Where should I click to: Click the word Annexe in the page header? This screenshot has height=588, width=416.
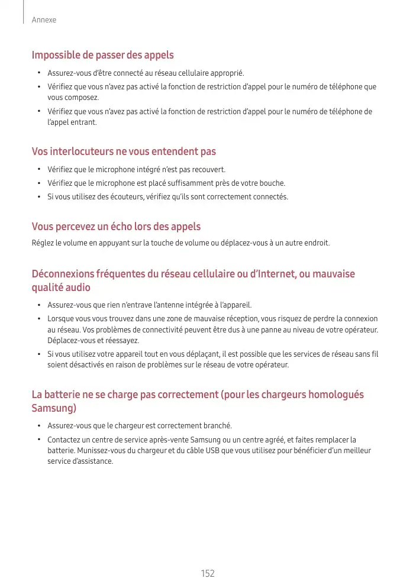[x=44, y=20]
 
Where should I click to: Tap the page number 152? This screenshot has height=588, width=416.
[x=208, y=573]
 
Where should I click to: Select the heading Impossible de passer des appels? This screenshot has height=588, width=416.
[x=102, y=55]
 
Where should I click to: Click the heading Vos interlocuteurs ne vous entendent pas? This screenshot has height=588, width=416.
[x=124, y=152]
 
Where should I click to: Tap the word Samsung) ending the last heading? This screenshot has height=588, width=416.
[x=54, y=408]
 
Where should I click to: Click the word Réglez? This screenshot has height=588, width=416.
[x=42, y=243]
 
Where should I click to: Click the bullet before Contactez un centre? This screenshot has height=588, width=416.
[x=38, y=440]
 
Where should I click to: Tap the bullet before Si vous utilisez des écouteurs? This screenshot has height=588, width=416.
[x=38, y=196]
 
